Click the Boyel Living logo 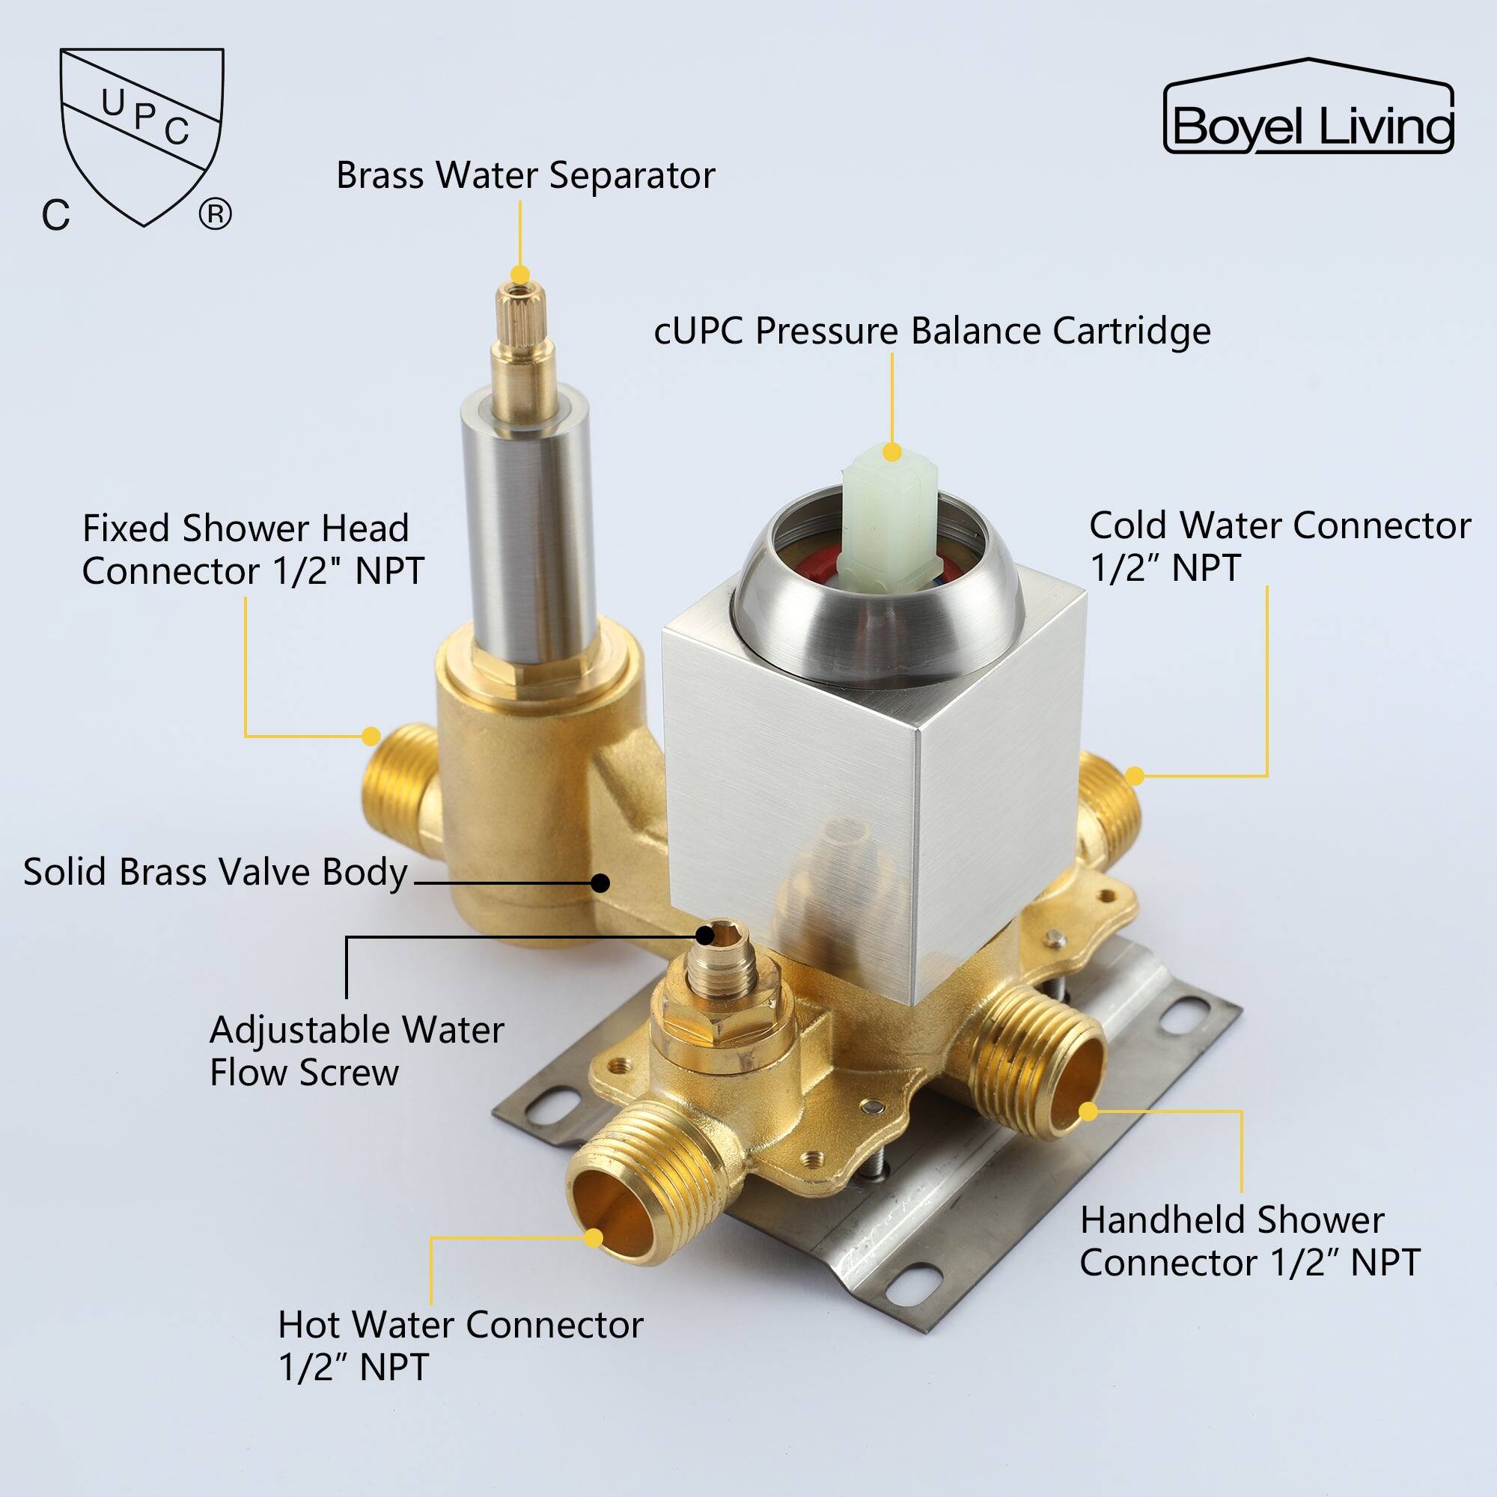[1308, 106]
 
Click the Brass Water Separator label [525, 176]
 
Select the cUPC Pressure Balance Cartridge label [932, 332]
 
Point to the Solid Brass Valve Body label [216, 873]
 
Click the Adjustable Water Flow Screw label [357, 1051]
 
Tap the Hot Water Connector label [460, 1346]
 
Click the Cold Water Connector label [1280, 546]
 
